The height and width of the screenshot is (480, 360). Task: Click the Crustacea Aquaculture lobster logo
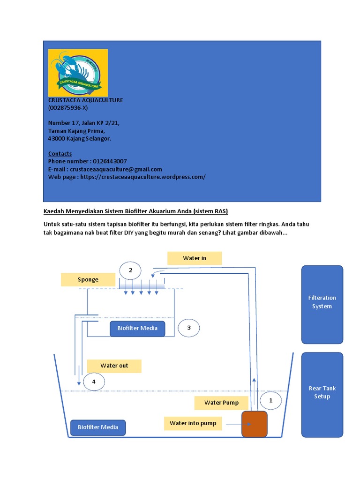coord(78,73)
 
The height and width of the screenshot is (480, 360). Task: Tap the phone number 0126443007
coord(107,161)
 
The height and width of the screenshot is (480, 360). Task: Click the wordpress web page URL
coord(142,177)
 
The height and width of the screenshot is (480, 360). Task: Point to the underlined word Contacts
coord(60,154)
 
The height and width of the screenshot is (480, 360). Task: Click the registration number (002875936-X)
coord(67,108)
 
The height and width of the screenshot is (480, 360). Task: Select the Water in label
coord(195,258)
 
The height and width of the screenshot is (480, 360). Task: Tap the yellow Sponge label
coord(88,280)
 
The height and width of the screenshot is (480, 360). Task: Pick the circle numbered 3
coord(189,328)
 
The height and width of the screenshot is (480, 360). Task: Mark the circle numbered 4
coord(94,382)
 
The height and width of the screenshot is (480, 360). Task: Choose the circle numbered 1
coord(270,400)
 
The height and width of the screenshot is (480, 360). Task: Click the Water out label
coord(114,366)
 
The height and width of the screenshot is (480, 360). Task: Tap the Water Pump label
coord(221,403)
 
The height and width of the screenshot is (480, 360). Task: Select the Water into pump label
coord(193,423)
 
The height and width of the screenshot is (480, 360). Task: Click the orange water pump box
coord(254,424)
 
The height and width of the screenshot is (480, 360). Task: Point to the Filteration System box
coord(322,302)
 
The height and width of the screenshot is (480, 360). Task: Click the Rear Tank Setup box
coord(322,393)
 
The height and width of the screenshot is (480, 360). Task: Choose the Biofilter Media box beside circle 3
coord(137,328)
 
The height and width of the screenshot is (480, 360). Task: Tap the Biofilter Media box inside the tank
coord(98,427)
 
